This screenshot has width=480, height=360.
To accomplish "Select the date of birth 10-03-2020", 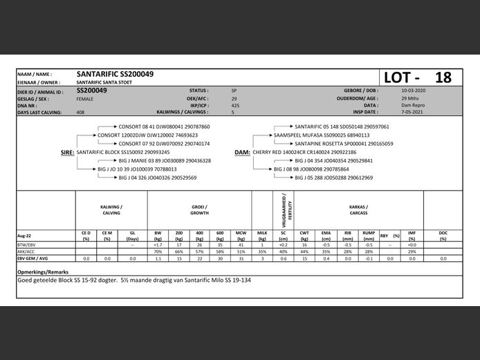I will [x=414, y=91].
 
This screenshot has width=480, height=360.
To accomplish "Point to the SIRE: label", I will [x=68, y=152].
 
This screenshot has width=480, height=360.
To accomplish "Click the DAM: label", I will [x=242, y=152].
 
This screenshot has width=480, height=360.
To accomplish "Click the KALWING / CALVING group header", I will [x=111, y=209].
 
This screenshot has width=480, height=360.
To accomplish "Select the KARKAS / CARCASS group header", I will [x=358, y=209].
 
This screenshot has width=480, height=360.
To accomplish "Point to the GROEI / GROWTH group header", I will [x=201, y=209].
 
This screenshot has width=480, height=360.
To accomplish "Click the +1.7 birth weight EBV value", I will [x=158, y=245].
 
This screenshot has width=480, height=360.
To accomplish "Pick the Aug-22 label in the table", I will [x=25, y=236].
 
